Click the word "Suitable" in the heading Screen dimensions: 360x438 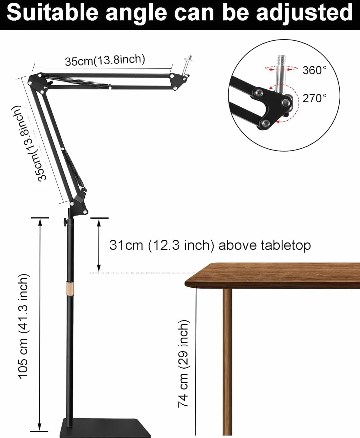pyautogui.click(x=52, y=13)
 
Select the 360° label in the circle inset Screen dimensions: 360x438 pyautogui.click(x=314, y=70)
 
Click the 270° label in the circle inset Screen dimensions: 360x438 pyautogui.click(x=314, y=98)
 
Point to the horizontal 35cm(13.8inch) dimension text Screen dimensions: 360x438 pyautogui.click(x=105, y=60)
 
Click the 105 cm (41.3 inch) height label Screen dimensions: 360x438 pyautogui.click(x=23, y=326)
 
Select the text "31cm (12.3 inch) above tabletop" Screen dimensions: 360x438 pyautogui.click(x=210, y=245)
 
